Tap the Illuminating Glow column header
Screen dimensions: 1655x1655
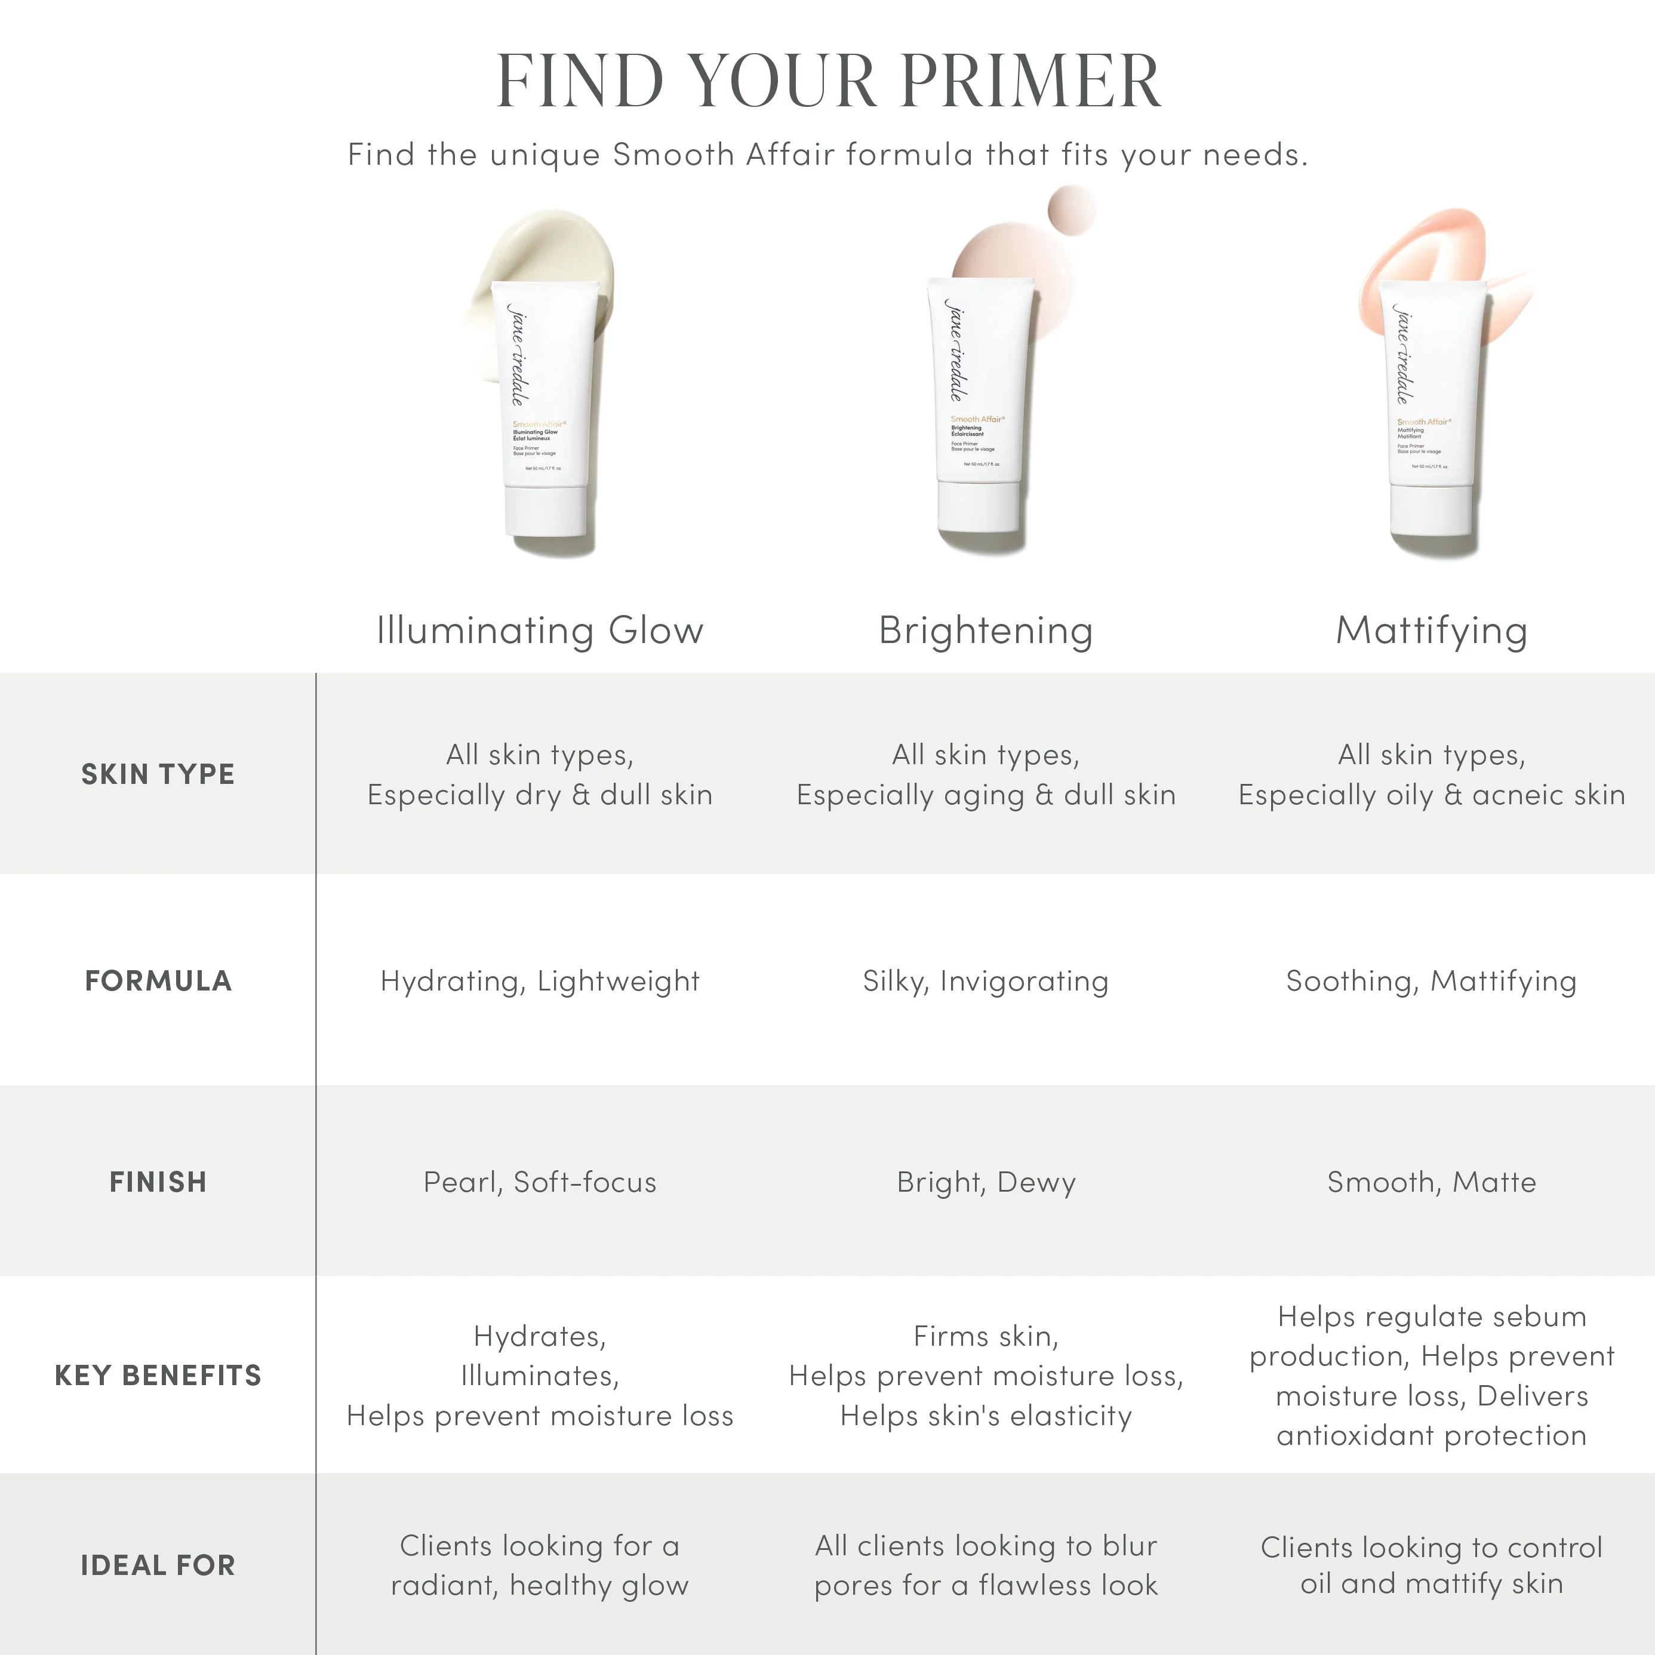(540, 630)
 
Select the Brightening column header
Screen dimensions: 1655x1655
(986, 630)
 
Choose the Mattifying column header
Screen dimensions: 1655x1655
(1432, 630)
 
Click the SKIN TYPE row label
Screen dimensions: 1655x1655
(158, 774)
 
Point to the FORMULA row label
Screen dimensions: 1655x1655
(158, 981)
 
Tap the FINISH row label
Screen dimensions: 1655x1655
(158, 1182)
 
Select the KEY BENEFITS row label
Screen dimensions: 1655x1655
(158, 1376)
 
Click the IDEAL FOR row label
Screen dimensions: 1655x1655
(158, 1565)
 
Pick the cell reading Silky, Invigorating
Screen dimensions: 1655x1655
(985, 981)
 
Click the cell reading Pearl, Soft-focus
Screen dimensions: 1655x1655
(540, 1182)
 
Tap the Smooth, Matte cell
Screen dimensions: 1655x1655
(1432, 1182)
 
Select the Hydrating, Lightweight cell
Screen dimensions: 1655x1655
(540, 981)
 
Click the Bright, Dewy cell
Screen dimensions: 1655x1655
(986, 1182)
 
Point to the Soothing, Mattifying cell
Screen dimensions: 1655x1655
(1432, 981)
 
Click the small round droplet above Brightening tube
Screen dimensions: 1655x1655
(1072, 209)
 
